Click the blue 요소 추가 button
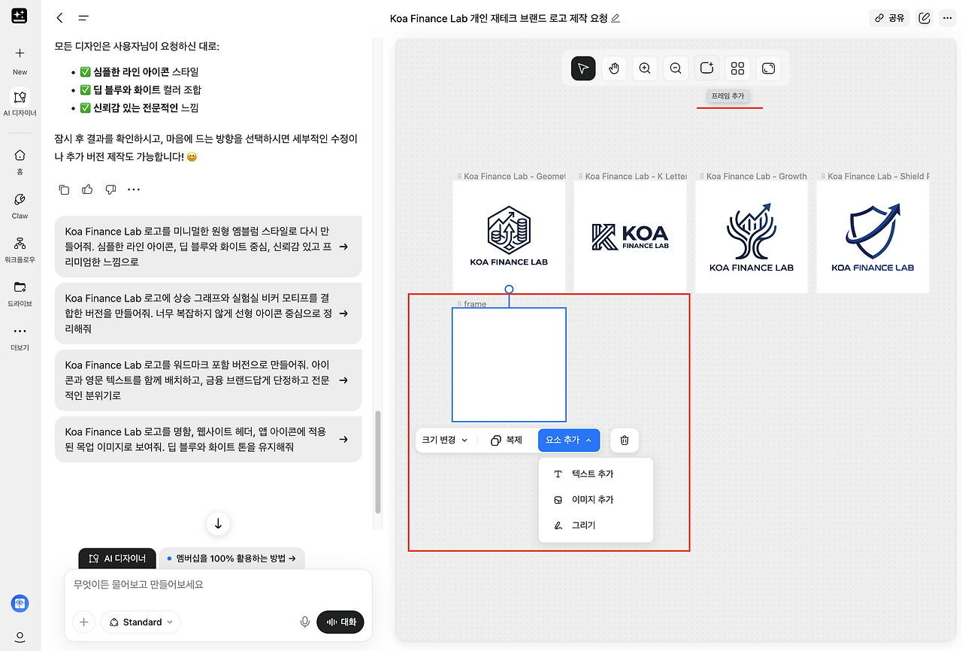[x=569, y=441]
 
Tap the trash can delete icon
[x=625, y=441]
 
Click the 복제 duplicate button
[x=507, y=441]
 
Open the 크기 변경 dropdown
[x=444, y=441]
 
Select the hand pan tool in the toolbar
[x=614, y=68]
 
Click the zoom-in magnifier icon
[x=645, y=68]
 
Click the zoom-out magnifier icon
[x=676, y=68]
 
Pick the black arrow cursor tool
[x=583, y=68]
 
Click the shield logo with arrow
[x=873, y=231]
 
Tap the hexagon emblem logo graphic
[x=509, y=230]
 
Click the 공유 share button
[x=889, y=18]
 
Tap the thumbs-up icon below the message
[x=87, y=189]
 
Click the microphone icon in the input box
[x=305, y=622]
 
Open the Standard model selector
[x=141, y=622]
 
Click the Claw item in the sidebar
[x=20, y=206]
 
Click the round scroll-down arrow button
[x=218, y=524]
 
